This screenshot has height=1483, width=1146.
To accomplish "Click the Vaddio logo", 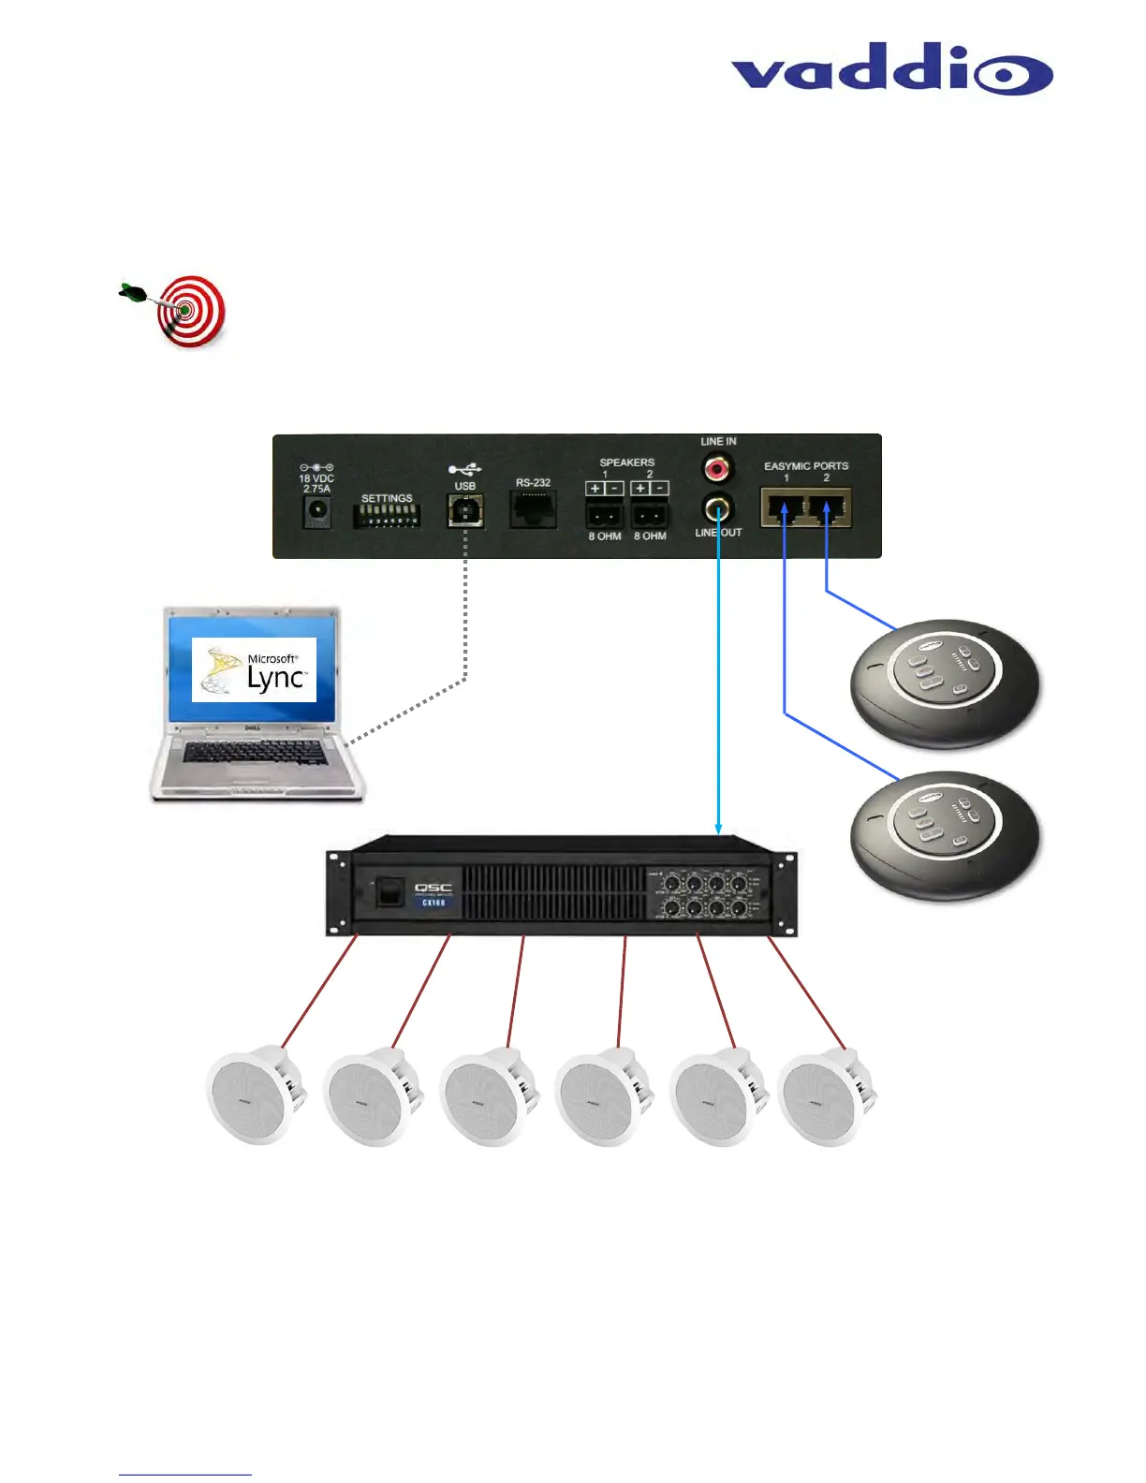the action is point(891,68).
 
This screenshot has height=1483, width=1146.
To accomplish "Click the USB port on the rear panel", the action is point(465,511).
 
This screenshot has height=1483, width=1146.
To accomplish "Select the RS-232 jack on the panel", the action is point(533,509).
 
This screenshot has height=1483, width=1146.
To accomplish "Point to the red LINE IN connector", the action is point(718,466).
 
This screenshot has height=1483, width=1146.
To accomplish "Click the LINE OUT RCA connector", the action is point(718,509).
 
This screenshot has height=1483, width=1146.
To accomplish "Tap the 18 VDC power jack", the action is point(317,511).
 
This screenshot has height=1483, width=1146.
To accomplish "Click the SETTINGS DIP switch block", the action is point(387,516).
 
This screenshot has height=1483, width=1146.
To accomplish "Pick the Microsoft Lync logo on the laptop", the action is point(254,669).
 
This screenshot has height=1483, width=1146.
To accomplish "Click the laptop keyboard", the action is point(255,752).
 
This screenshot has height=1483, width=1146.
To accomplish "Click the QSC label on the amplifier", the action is point(433,888).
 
